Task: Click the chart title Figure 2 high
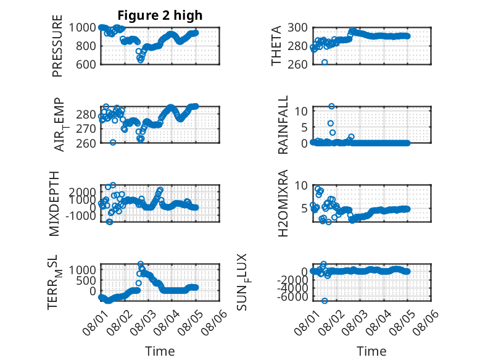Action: pos(160,15)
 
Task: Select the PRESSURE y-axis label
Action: pos(57,46)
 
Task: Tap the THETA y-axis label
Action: pos(276,46)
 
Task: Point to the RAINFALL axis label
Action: pos(283,124)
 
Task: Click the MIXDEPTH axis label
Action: pos(54,203)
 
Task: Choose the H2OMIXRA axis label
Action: pos(283,203)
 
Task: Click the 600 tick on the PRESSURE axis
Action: pos(86,64)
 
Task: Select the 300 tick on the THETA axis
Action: pos(297,28)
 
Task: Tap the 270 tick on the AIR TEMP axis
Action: pos(86,128)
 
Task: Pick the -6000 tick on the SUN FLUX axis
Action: pos(292,297)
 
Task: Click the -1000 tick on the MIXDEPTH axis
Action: pos(80,216)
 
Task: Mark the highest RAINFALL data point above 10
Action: pos(331,106)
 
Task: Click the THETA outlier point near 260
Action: pos(325,62)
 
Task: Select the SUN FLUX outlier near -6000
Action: pos(325,301)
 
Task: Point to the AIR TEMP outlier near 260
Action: pos(113,143)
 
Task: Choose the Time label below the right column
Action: pos(371,351)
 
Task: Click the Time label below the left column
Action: pos(160,351)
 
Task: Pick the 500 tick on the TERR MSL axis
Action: pos(86,280)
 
